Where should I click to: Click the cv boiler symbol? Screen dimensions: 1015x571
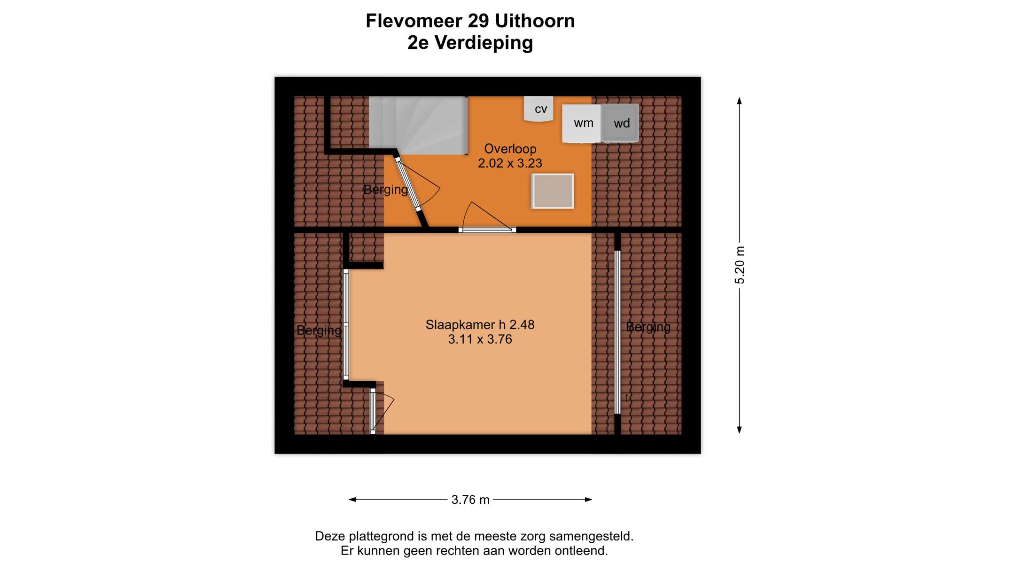(x=539, y=109)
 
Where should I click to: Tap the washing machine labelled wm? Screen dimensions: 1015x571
(x=581, y=123)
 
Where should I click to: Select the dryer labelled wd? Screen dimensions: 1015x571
(x=620, y=123)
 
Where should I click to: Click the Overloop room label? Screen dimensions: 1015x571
(x=510, y=149)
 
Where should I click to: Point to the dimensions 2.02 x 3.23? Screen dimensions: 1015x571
(x=510, y=163)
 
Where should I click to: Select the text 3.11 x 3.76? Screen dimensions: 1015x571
(x=480, y=339)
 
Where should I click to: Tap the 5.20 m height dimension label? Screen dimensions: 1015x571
(x=740, y=265)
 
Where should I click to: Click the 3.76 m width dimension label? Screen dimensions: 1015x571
(x=470, y=500)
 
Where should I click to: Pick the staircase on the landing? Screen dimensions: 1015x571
(x=418, y=125)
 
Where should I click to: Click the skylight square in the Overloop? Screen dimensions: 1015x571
(x=553, y=191)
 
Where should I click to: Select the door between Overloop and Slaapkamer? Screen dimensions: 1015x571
(x=487, y=230)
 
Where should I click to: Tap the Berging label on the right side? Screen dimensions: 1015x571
(x=648, y=327)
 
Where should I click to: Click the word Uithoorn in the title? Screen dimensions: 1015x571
(x=535, y=21)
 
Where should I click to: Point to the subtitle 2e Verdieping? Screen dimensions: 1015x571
(x=470, y=43)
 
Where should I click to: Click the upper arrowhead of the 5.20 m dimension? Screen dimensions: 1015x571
(x=739, y=101)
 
